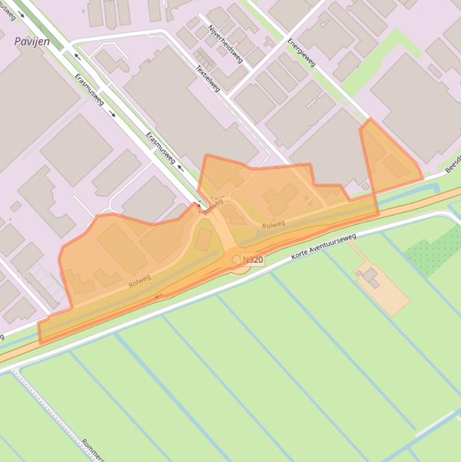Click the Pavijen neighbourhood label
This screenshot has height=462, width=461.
(x=32, y=42)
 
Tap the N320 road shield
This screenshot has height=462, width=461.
(x=253, y=260)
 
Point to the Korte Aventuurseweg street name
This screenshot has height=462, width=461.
(x=324, y=247)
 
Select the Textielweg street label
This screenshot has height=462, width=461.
(x=208, y=78)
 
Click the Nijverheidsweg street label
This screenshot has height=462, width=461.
(x=225, y=43)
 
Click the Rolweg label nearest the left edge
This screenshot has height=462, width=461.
(x=140, y=280)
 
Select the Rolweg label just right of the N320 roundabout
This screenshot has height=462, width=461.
(x=273, y=225)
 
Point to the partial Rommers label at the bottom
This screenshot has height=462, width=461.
(x=95, y=451)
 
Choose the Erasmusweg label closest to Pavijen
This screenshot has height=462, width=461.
(x=89, y=89)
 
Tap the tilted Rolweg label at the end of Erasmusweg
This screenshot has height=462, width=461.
(x=213, y=206)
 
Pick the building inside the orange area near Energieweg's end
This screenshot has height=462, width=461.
(x=396, y=166)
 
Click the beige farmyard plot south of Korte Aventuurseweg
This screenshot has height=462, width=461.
(x=384, y=294)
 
